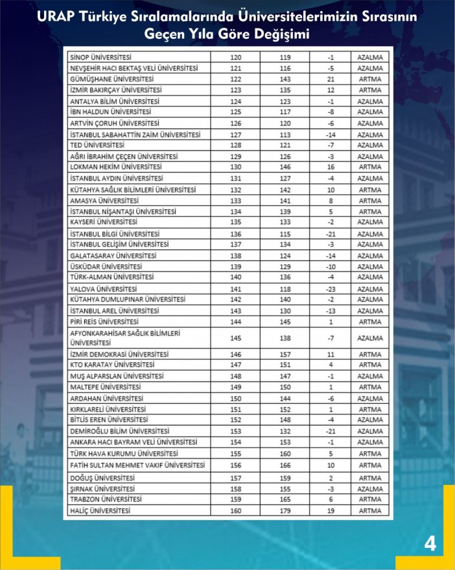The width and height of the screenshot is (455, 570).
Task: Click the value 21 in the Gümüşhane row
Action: pyautogui.click(x=331, y=79)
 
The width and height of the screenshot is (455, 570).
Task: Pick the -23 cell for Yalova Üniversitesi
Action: pyautogui.click(x=331, y=289)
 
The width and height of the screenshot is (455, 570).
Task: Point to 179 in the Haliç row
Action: pyautogui.click(x=285, y=510)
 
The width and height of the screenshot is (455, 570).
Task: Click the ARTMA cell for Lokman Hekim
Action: pyautogui.click(x=369, y=167)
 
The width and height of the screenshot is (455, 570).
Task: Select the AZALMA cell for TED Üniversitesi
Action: pyautogui.click(x=369, y=145)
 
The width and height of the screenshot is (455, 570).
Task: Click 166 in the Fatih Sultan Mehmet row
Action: pyautogui.click(x=285, y=465)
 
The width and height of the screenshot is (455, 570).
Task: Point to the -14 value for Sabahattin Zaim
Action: pyautogui.click(x=331, y=134)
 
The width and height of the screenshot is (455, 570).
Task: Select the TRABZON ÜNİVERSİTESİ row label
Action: pyautogui.click(x=106, y=499)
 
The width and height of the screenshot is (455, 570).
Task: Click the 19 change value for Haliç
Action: pyautogui.click(x=331, y=510)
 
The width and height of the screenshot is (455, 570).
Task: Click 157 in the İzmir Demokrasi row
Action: pyautogui.click(x=285, y=354)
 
